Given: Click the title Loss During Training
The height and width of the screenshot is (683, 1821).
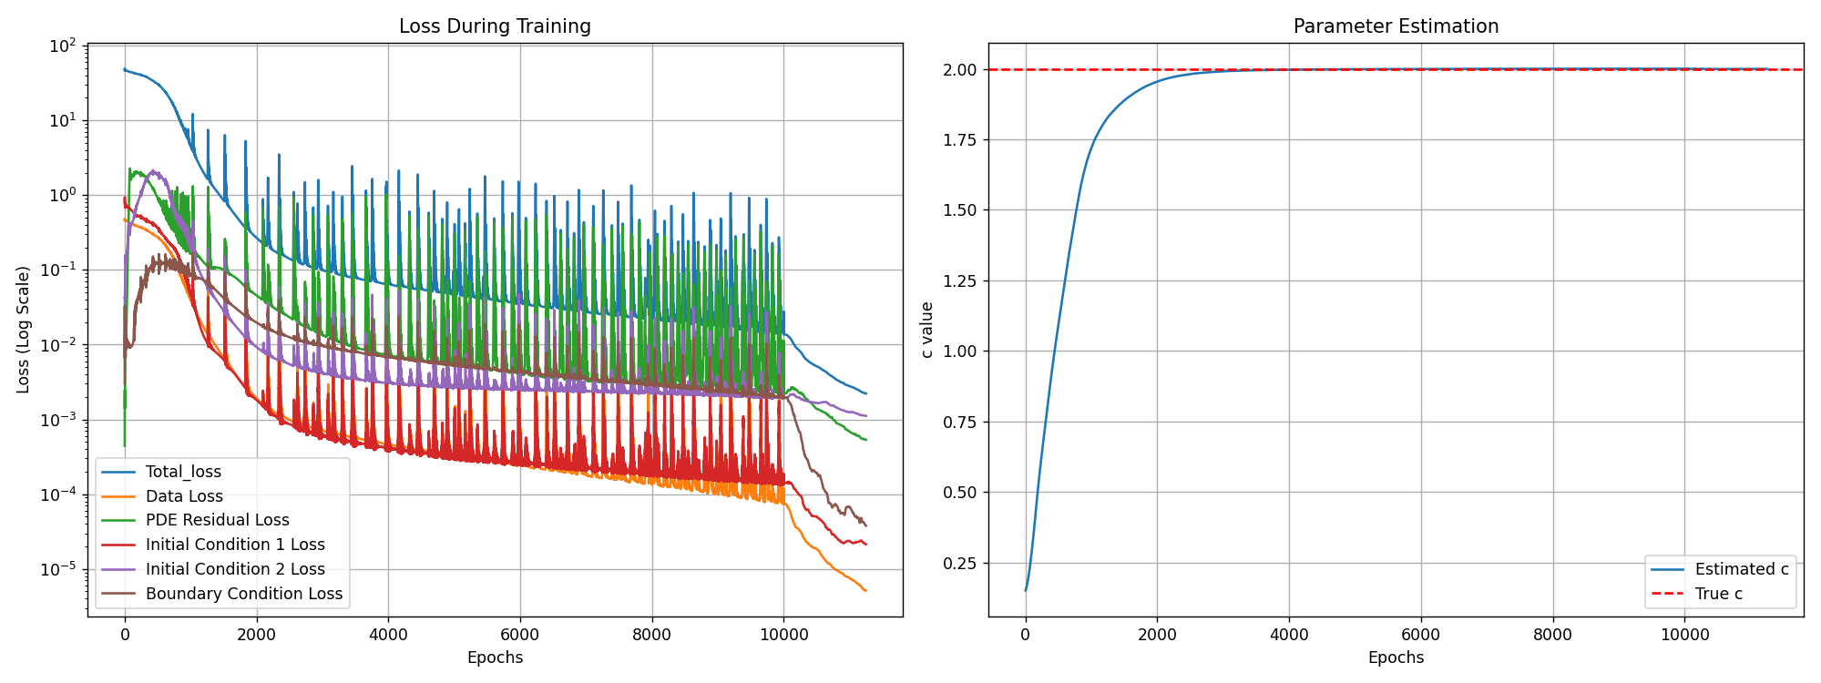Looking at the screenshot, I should coord(495,26).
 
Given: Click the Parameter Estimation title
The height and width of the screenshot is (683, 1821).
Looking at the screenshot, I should coord(1396,26).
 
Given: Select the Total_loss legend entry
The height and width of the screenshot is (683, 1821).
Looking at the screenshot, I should coord(183,472).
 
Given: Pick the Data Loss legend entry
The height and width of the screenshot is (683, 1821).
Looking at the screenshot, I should coord(184,496).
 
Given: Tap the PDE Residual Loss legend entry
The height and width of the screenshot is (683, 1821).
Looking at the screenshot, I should coord(217,520).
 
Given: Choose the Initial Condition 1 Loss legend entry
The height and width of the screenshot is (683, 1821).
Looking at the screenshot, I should coord(235,545).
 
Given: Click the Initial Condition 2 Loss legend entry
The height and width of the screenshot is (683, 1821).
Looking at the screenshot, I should coord(235,569).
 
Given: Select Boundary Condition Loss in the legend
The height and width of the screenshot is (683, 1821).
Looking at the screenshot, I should coord(244,594).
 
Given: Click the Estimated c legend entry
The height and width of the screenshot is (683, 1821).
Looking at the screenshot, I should coord(1741,569).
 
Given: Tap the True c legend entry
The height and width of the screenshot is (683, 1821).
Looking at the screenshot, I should coord(1718,594).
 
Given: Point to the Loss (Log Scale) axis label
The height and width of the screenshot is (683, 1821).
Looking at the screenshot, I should coord(24,330).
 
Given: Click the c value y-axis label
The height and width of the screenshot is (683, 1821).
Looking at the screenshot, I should coord(926,330).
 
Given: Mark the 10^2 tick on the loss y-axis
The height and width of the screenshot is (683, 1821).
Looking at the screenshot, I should coord(64,46).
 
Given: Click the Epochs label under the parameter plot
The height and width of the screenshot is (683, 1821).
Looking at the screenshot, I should coord(1396,658).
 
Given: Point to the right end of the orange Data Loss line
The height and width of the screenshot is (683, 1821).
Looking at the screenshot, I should coord(865,591).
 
